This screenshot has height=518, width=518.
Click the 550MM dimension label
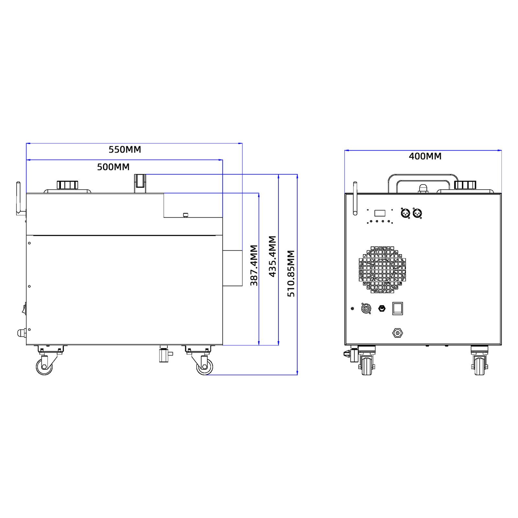click(125, 150)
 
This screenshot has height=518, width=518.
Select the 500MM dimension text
click(113, 167)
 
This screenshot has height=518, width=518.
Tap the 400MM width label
click(425, 156)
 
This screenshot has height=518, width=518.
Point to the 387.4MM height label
click(254, 265)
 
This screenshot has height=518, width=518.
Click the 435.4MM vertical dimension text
click(273, 256)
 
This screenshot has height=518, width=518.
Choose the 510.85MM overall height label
click(291, 273)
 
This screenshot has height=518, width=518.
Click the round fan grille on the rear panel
click(382, 270)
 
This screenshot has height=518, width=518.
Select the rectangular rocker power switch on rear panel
click(398, 308)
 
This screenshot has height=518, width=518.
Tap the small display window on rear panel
click(380, 213)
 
